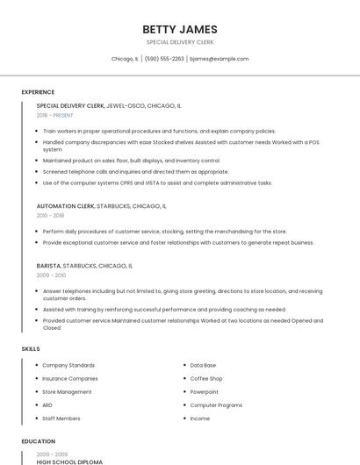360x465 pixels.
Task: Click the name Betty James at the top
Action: (180, 29)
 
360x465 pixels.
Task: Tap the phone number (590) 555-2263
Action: (164, 59)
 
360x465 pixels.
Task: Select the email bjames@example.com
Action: (220, 59)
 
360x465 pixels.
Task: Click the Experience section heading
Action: (38, 92)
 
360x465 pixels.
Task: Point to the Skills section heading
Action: (31, 348)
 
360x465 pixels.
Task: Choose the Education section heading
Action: (38, 441)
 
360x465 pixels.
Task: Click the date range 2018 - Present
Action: (55, 115)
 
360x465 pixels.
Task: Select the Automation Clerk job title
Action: (65, 206)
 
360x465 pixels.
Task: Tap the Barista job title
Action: (48, 265)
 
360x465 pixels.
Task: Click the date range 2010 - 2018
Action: (50, 215)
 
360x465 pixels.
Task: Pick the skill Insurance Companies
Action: (70, 378)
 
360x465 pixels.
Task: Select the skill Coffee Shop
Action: (206, 378)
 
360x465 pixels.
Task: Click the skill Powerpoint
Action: (205, 391)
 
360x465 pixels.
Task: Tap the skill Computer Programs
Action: (216, 405)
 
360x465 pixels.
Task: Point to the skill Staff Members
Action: (61, 418)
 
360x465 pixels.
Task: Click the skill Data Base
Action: (203, 365)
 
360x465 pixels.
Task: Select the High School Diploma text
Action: (69, 461)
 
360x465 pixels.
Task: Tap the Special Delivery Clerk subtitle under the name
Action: (180, 42)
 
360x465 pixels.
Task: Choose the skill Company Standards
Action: (68, 365)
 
